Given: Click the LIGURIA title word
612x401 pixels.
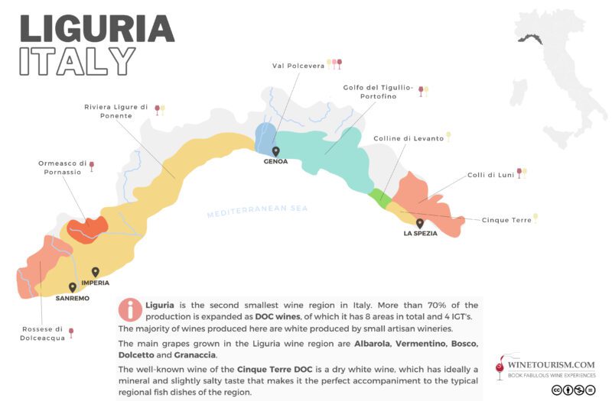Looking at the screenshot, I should pyautogui.click(x=97, y=27).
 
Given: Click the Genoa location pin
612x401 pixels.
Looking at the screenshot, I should pyautogui.click(x=275, y=151).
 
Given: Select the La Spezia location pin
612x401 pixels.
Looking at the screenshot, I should pyautogui.click(x=420, y=223).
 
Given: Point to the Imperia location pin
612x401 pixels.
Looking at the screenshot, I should pyautogui.click(x=96, y=272).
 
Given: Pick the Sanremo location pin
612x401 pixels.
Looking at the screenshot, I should pyautogui.click(x=72, y=287).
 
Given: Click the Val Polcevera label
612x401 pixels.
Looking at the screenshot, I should pyautogui.click(x=298, y=66).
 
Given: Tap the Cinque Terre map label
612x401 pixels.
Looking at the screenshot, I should pyautogui.click(x=506, y=220).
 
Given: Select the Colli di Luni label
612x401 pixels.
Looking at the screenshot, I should pyautogui.click(x=490, y=175).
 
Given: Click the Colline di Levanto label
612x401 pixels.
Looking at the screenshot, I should pyautogui.click(x=408, y=138).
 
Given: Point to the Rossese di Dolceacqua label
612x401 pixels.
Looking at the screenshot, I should pyautogui.click(x=42, y=335).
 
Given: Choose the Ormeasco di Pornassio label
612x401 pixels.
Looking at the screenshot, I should pyautogui.click(x=62, y=167).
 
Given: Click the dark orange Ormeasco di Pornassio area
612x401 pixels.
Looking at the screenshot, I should pyautogui.click(x=86, y=228).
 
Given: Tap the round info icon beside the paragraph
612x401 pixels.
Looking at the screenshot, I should pyautogui.click(x=130, y=309).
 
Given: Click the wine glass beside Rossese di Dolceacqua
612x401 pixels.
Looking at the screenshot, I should pyautogui.click(x=71, y=332).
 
